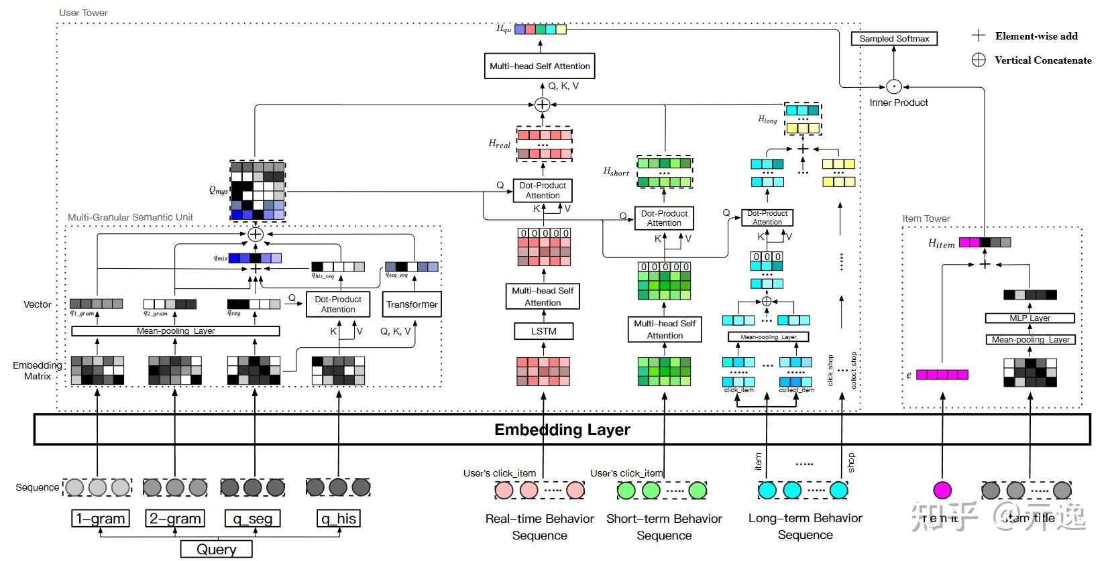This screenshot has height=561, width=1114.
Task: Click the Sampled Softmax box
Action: (x=893, y=39)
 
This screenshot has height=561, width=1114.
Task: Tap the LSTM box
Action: (x=543, y=331)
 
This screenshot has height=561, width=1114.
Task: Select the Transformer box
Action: (x=412, y=304)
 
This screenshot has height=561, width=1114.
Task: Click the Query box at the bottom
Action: (x=216, y=550)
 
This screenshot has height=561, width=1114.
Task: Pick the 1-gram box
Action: (x=100, y=518)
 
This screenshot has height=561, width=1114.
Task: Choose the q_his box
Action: (x=338, y=518)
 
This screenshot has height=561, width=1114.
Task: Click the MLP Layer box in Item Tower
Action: (x=1029, y=318)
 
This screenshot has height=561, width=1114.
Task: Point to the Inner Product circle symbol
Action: (x=893, y=86)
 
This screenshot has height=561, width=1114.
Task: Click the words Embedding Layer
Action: (x=562, y=430)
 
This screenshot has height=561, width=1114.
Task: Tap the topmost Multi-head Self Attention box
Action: (x=539, y=66)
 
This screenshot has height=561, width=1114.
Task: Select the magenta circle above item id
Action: (x=942, y=490)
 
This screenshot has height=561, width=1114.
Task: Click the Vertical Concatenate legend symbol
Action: (x=979, y=60)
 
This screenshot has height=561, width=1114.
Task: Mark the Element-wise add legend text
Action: (x=1036, y=36)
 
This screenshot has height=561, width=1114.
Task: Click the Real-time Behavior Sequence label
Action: (x=539, y=527)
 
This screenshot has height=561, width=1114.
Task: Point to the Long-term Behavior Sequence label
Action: (x=805, y=526)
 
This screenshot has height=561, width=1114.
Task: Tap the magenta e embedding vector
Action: (x=942, y=375)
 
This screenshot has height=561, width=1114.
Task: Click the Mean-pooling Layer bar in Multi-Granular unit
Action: (x=175, y=331)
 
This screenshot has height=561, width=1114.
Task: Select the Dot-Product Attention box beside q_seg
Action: (x=338, y=304)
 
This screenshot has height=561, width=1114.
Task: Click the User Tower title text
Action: (x=83, y=13)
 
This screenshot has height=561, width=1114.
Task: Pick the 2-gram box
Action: (x=175, y=518)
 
